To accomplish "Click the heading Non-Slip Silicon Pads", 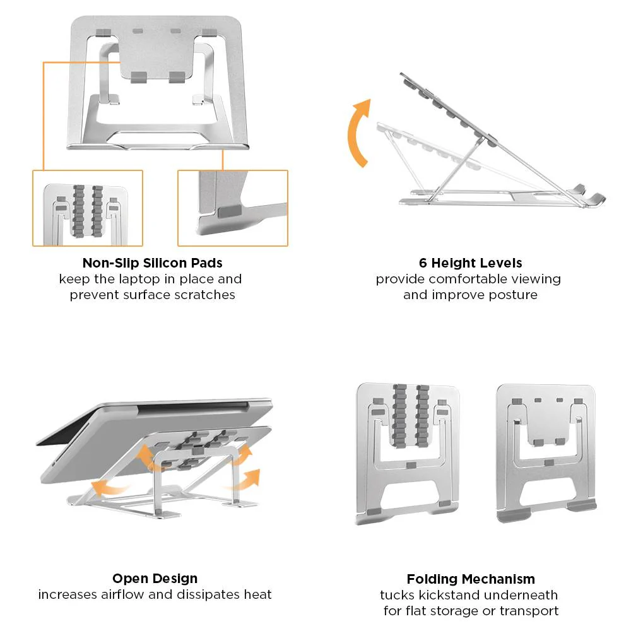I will [152, 262].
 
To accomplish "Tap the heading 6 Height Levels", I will [470, 262].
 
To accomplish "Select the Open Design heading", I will [155, 578].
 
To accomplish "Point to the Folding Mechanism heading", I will [470, 579].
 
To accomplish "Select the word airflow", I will [122, 594].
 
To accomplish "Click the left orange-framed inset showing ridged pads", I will [88, 208].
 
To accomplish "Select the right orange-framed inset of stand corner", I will [232, 208].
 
